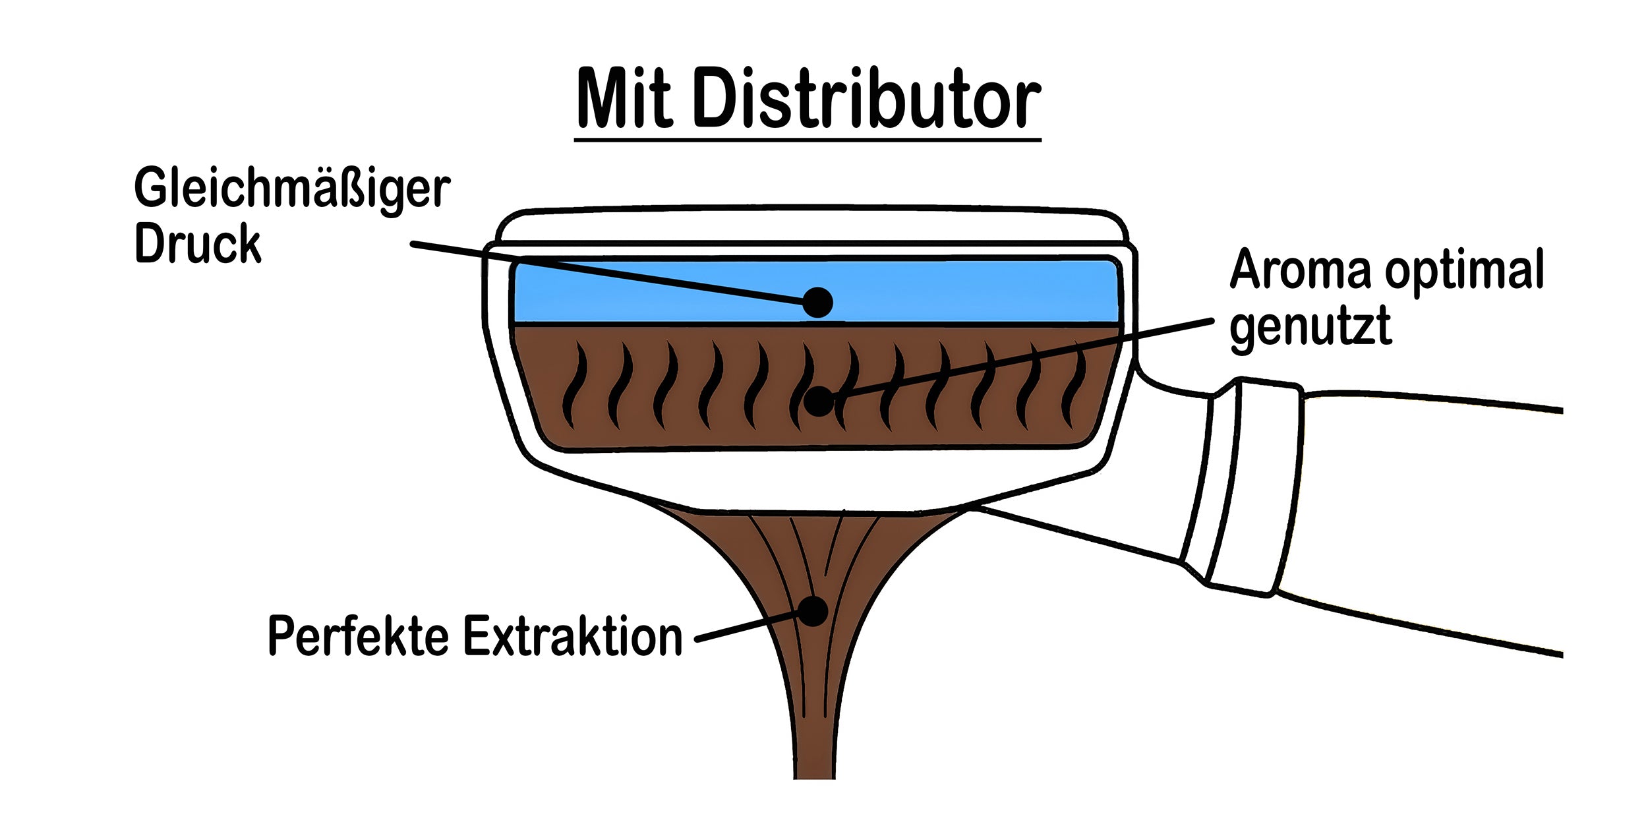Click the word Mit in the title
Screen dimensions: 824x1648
click(x=624, y=100)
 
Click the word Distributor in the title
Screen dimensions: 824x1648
click(x=866, y=100)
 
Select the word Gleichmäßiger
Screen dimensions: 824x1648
click(x=292, y=189)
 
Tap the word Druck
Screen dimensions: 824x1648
click(x=198, y=244)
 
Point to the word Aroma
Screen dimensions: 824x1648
click(x=1300, y=270)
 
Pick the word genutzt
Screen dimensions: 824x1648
click(x=1310, y=326)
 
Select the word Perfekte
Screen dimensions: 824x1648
click(x=358, y=636)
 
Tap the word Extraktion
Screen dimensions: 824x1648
click(x=573, y=636)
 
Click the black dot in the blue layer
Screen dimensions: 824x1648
click(x=818, y=303)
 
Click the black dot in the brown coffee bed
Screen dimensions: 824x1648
click(x=819, y=401)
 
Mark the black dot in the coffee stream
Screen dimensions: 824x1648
click(x=813, y=611)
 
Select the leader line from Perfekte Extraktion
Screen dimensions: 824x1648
click(x=745, y=627)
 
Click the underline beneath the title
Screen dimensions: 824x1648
click(x=807, y=139)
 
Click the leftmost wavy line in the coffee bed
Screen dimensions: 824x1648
click(x=574, y=386)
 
